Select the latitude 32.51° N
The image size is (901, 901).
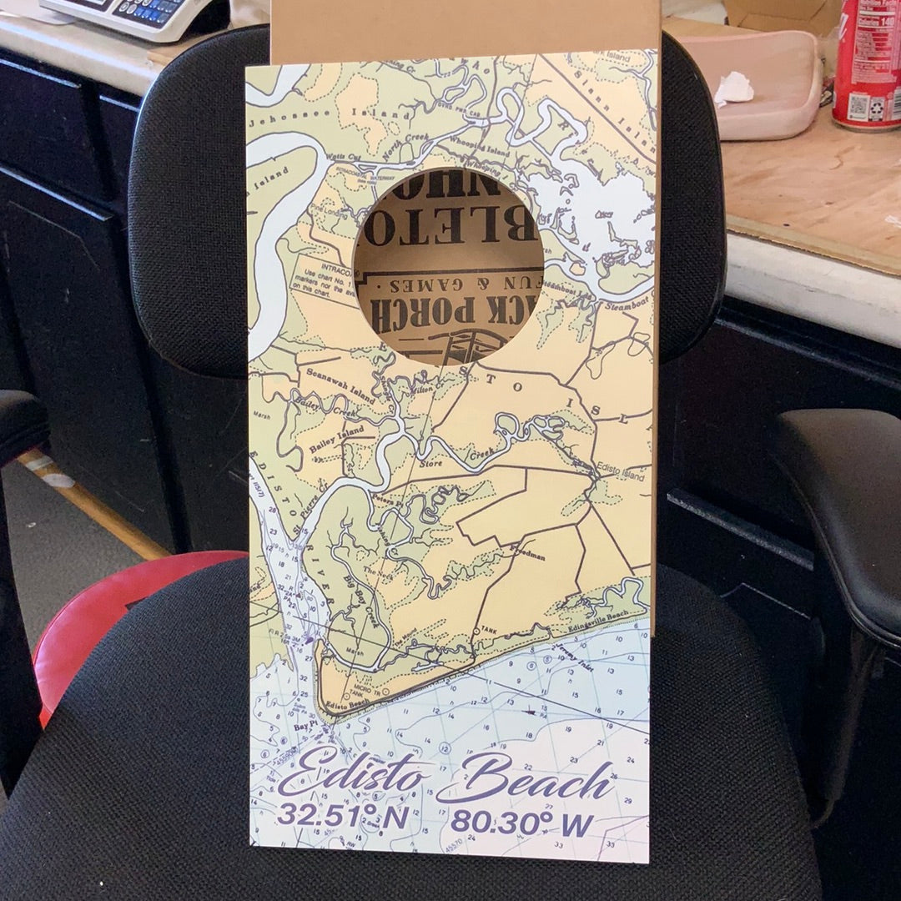point(343,815)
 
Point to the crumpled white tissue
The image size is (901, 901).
point(732,88)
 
